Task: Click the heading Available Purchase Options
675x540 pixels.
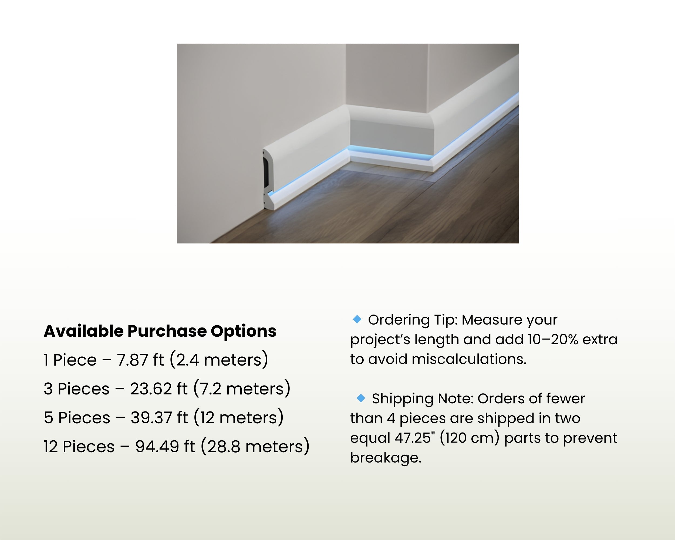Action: pyautogui.click(x=160, y=331)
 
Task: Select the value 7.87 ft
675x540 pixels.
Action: pyautogui.click(x=140, y=360)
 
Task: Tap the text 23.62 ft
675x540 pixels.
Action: pyautogui.click(x=159, y=389)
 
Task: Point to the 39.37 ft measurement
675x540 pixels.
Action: pyautogui.click(x=159, y=418)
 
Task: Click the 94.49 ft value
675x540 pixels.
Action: pyautogui.click(x=165, y=446)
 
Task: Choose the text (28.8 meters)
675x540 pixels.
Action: pyautogui.click(x=255, y=446)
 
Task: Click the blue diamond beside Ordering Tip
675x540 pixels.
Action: pyautogui.click(x=357, y=319)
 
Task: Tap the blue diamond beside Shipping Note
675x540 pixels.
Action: pyautogui.click(x=361, y=398)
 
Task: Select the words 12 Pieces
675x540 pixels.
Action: pyautogui.click(x=79, y=446)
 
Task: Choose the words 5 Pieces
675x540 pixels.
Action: pyautogui.click(x=77, y=418)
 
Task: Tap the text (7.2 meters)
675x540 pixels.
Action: pyautogui.click(x=242, y=389)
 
